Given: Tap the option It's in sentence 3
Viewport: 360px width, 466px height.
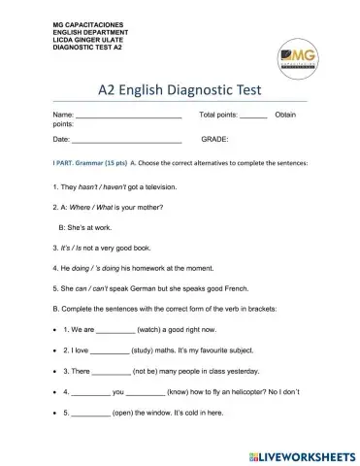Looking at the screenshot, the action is coord(65,247).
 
